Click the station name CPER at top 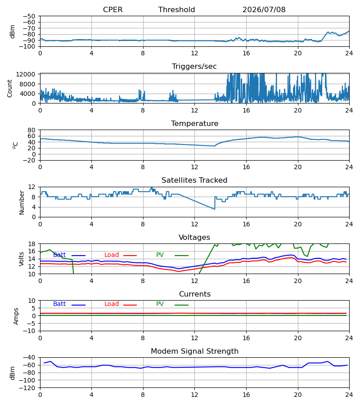click(x=112, y=9)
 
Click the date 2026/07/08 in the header click(x=264, y=9)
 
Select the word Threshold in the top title click(x=176, y=9)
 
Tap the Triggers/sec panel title click(x=194, y=67)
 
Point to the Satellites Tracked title click(x=194, y=180)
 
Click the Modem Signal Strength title click(x=194, y=351)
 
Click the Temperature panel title click(x=194, y=123)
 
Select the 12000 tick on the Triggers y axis click(x=26, y=74)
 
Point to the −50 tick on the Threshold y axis click(x=29, y=16)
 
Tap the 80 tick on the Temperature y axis click(x=31, y=130)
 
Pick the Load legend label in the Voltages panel click(x=112, y=255)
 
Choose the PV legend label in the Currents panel click(x=160, y=304)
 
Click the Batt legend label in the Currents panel click(x=59, y=304)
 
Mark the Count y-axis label click(x=9, y=88)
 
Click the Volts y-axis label click(x=21, y=259)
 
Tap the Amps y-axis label click(x=16, y=316)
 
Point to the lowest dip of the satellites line click(x=215, y=209)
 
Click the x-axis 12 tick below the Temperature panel click(x=194, y=167)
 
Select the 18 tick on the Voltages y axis click(x=31, y=244)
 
